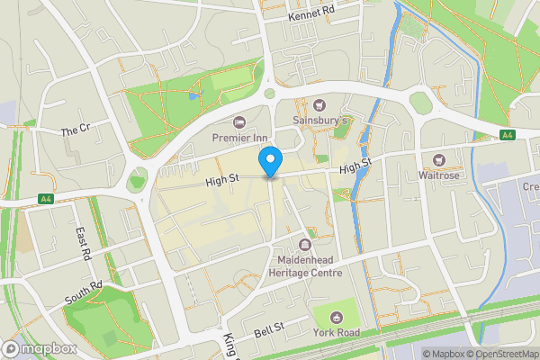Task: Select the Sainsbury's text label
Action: click(x=319, y=120)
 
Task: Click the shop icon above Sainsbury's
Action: click(x=319, y=105)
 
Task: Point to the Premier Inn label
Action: click(x=240, y=137)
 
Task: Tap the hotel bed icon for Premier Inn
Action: click(x=239, y=122)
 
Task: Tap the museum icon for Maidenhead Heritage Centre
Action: click(x=306, y=245)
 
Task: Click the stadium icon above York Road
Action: click(x=336, y=317)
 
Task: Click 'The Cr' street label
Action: click(x=76, y=130)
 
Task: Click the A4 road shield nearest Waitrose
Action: click(x=507, y=135)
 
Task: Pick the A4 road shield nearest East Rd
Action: click(x=45, y=198)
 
